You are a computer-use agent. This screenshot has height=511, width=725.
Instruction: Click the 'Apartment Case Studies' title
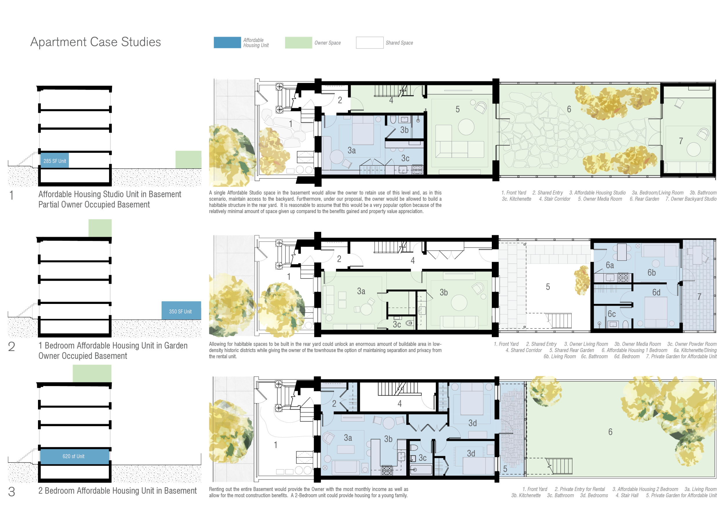(x=95, y=42)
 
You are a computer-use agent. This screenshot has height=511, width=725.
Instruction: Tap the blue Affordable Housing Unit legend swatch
(x=227, y=43)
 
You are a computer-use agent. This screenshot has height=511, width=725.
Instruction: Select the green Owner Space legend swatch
(x=298, y=43)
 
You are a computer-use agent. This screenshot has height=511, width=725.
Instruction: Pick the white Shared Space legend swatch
(x=370, y=43)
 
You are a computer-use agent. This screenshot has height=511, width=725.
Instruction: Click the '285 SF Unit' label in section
(x=55, y=161)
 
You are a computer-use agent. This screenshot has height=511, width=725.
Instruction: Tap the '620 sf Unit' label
(x=73, y=456)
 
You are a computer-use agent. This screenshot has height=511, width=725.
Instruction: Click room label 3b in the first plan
(x=404, y=130)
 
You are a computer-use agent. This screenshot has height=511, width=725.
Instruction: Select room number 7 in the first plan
(x=681, y=141)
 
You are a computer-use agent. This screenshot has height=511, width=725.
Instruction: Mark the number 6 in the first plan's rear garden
(x=569, y=109)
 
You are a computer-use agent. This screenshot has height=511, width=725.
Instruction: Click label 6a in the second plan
(x=610, y=265)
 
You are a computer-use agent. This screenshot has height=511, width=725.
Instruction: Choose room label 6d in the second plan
(x=657, y=292)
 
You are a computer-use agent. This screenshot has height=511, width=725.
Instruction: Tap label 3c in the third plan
(x=423, y=458)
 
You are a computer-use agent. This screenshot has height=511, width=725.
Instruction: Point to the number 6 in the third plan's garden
(x=610, y=432)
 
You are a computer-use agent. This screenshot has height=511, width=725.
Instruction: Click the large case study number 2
(x=11, y=347)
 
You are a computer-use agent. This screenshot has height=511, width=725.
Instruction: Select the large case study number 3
(x=11, y=492)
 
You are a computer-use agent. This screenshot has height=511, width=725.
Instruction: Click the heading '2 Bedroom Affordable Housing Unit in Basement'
(x=117, y=491)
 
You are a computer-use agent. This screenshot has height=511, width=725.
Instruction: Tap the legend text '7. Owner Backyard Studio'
(x=691, y=199)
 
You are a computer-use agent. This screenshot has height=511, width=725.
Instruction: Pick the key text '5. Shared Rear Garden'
(x=572, y=350)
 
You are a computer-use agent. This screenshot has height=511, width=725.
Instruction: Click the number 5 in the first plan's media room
(x=458, y=109)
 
